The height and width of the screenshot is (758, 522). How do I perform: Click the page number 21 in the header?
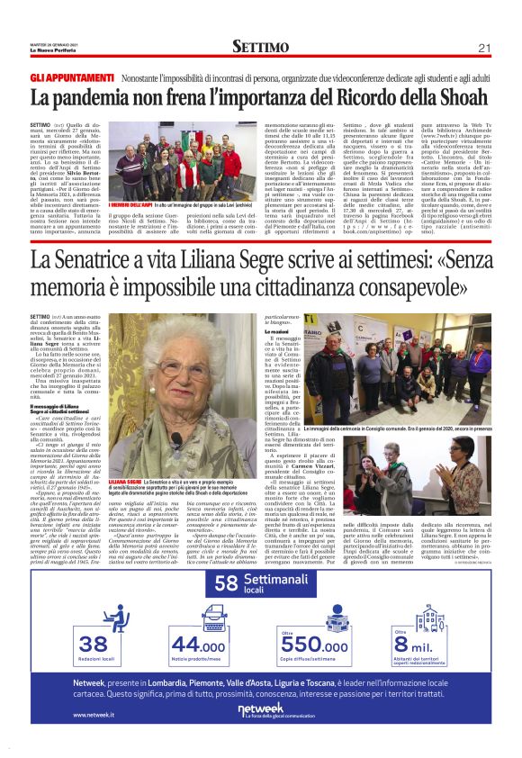pyautogui.click(x=482, y=47)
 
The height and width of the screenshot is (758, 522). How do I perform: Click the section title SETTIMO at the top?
pyautogui.click(x=260, y=46)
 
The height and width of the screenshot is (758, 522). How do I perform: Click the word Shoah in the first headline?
pyautogui.click(x=462, y=98)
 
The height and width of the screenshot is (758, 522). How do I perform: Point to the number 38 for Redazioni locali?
pyautogui.click(x=94, y=644)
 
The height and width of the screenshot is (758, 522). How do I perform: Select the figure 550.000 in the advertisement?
pyautogui.click(x=314, y=645)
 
